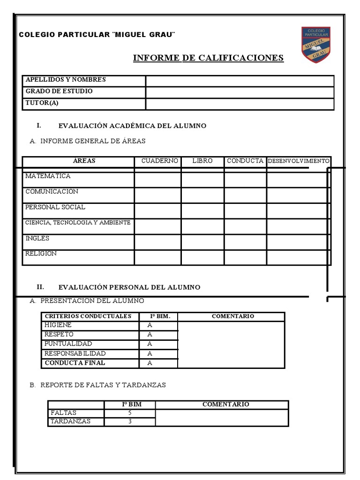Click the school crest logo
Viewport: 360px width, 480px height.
(315, 45)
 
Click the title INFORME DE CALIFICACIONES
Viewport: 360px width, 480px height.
(208, 58)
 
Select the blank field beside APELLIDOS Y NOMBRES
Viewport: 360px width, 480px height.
(240, 81)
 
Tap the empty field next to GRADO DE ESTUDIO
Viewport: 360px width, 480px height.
(240, 92)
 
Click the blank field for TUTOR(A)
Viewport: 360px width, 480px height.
(240, 104)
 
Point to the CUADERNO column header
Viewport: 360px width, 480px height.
(159, 161)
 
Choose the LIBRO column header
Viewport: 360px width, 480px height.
(202, 161)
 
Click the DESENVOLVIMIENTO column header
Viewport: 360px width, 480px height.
(299, 161)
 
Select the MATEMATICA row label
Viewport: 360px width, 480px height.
(48, 176)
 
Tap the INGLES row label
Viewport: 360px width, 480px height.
(37, 239)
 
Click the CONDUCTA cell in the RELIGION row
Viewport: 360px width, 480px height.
(245, 257)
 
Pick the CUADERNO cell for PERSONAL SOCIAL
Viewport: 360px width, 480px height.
(157, 211)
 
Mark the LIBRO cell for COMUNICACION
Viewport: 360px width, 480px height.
(202, 195)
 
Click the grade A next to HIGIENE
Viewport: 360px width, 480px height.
(150, 325)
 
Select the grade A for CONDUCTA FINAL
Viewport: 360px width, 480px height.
(150, 363)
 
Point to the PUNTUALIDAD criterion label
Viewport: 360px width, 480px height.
(68, 344)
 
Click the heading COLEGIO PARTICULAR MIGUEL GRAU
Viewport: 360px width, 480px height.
(97, 35)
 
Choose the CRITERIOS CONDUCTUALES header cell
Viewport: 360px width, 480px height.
(88, 316)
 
